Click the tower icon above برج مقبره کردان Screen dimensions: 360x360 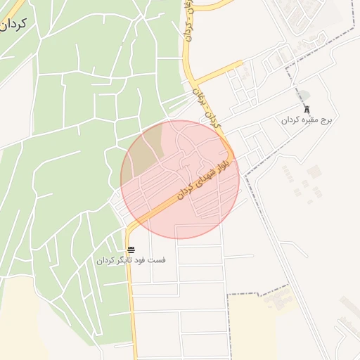pos(307,110)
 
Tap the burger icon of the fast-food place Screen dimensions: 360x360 pos(131,250)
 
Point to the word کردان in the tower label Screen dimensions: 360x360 pos(291,121)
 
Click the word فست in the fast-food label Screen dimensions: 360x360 pos(159,260)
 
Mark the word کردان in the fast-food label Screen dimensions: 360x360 pos(105,260)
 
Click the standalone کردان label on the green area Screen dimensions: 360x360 pos(14,26)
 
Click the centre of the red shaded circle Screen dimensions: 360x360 pos(180,179)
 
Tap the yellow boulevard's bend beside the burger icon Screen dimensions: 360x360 pos(131,229)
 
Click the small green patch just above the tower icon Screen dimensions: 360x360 pos(304,95)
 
